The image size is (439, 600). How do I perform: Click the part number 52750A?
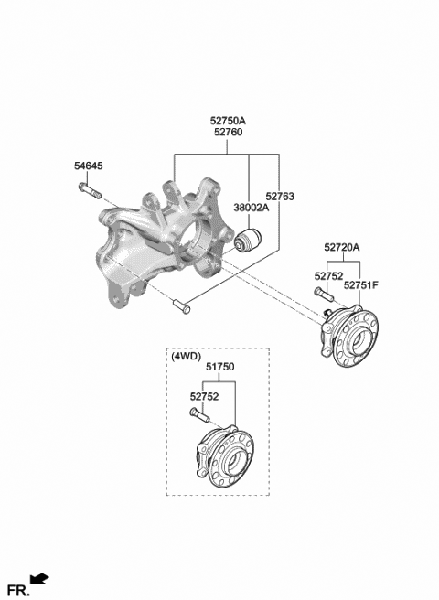tap(228, 122)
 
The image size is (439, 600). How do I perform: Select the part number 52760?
tap(228, 133)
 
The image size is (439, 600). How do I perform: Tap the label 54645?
tap(89, 166)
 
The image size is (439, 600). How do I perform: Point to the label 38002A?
tap(252, 208)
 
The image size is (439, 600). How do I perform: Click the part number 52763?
tap(280, 197)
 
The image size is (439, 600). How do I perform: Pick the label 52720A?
tap(342, 248)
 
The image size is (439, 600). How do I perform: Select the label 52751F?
tap(361, 285)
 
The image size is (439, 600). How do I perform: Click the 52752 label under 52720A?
tap(328, 276)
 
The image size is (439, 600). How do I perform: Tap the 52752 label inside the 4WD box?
tap(204, 397)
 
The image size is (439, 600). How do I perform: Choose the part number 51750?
tap(219, 367)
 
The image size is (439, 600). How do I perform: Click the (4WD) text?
tap(186, 357)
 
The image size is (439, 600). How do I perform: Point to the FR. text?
tap(18, 590)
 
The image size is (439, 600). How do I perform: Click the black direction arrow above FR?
tap(40, 579)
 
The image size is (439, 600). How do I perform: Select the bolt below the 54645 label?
tap(90, 190)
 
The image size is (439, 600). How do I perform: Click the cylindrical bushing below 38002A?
tap(247, 239)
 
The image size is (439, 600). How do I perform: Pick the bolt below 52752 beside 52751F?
tap(324, 295)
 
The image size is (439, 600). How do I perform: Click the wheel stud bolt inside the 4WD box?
tap(199, 415)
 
